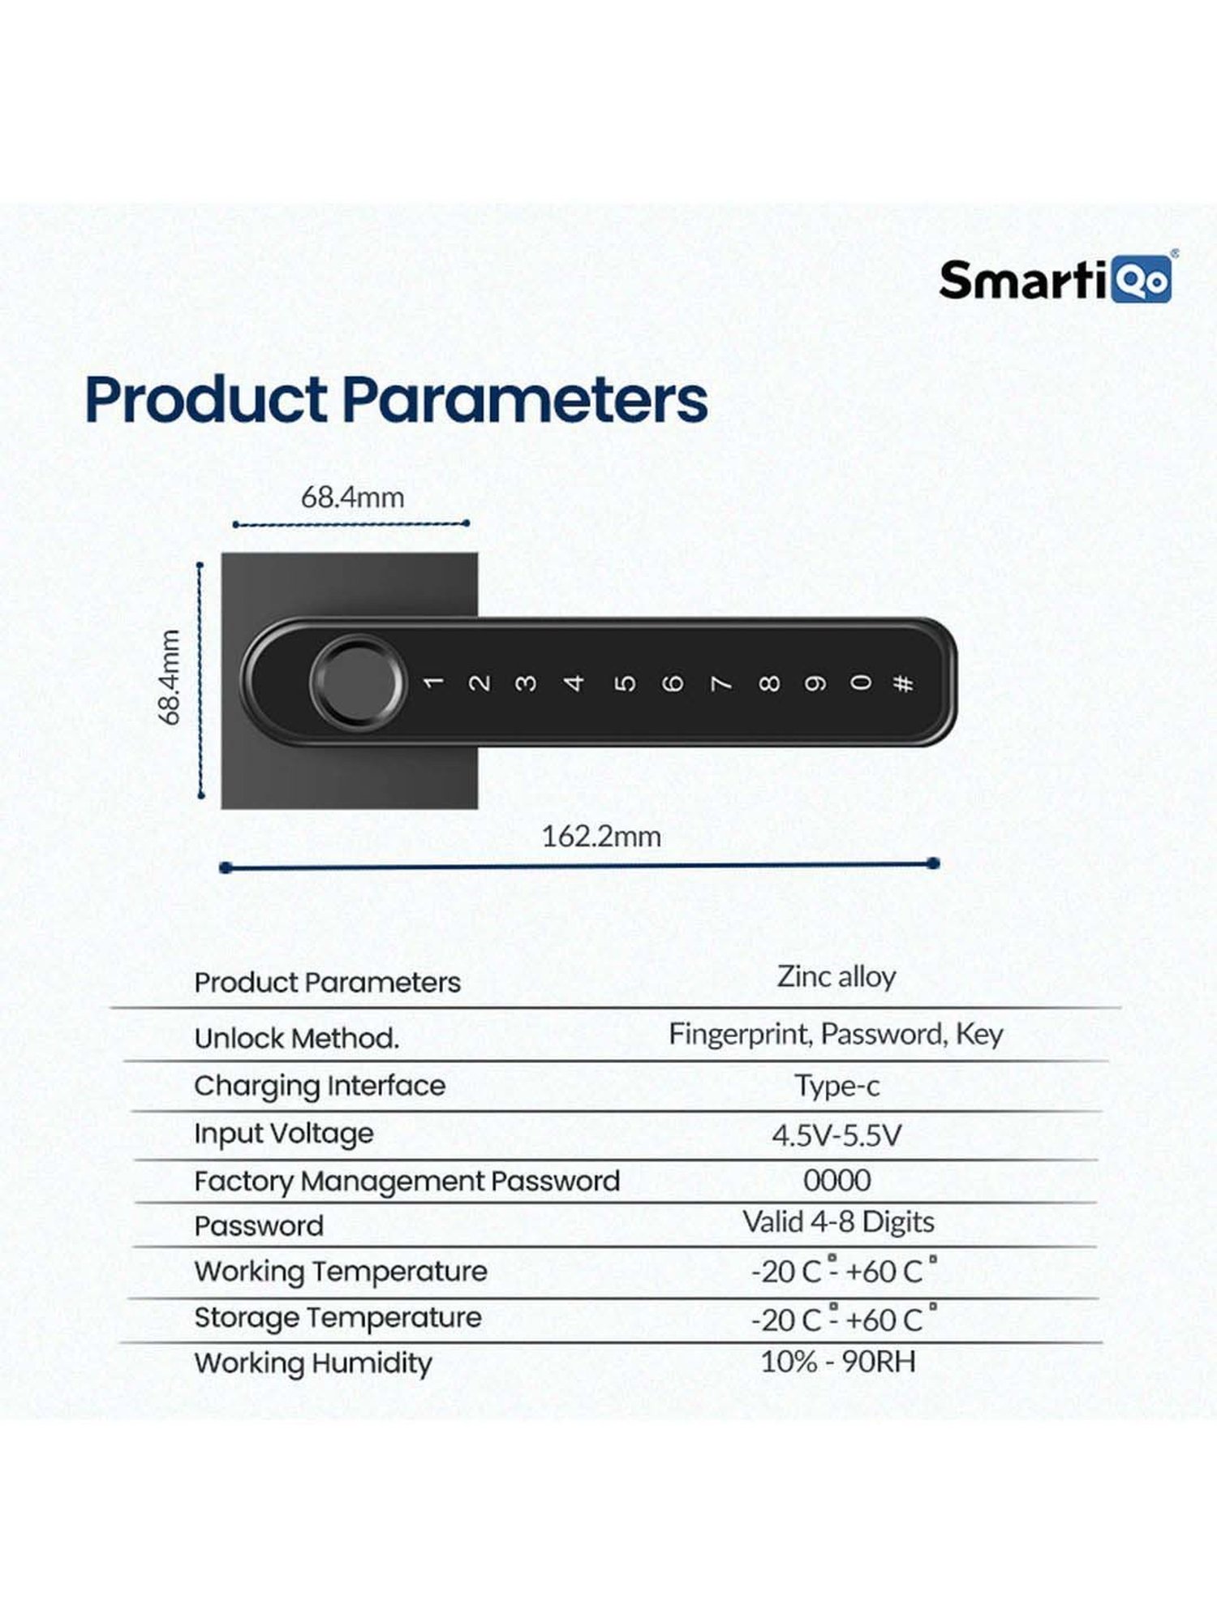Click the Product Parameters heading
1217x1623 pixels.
(396, 400)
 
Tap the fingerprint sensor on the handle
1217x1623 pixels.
(356, 682)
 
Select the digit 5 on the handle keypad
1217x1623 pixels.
(624, 682)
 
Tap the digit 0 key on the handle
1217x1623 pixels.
(862, 682)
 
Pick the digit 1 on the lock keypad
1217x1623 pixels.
(432, 682)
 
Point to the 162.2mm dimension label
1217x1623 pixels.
(601, 837)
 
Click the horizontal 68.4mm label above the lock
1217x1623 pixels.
(352, 497)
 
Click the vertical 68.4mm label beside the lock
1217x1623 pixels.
(169, 677)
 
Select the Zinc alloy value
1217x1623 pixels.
(836, 977)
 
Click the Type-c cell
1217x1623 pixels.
(837, 1086)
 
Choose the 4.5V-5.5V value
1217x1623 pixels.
(836, 1134)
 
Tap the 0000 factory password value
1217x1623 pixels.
(837, 1180)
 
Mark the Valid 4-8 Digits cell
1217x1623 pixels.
(838, 1222)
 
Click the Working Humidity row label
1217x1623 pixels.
(313, 1363)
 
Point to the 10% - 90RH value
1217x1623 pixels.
(837, 1362)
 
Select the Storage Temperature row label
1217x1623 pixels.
(338, 1318)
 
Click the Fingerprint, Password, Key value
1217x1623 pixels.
(836, 1035)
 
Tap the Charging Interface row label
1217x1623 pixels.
(320, 1086)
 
